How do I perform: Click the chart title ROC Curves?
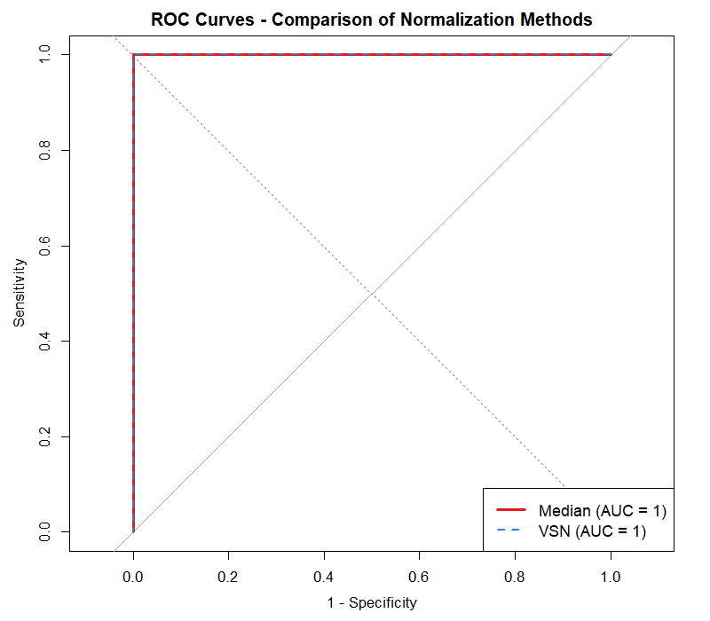coord(371,19)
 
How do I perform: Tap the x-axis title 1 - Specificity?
coord(371,602)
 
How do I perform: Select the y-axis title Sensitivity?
coord(20,294)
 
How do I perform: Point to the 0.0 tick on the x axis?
coord(133,576)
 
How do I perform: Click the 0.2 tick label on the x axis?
coord(229,576)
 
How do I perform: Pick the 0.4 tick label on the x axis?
coord(324,576)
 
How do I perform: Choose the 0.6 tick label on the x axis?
coord(420,576)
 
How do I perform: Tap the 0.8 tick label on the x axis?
coord(515,576)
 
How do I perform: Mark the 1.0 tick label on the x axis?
coord(611,576)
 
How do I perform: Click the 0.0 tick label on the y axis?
coord(45,532)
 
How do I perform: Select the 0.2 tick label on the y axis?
coord(45,436)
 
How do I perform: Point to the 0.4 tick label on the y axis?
coord(45,342)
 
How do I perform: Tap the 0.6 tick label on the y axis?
coord(45,246)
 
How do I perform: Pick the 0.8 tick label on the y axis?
coord(45,151)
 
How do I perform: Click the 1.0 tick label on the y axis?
coord(45,55)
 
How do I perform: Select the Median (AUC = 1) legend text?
coord(603,511)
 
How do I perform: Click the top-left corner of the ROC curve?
coord(133,55)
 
